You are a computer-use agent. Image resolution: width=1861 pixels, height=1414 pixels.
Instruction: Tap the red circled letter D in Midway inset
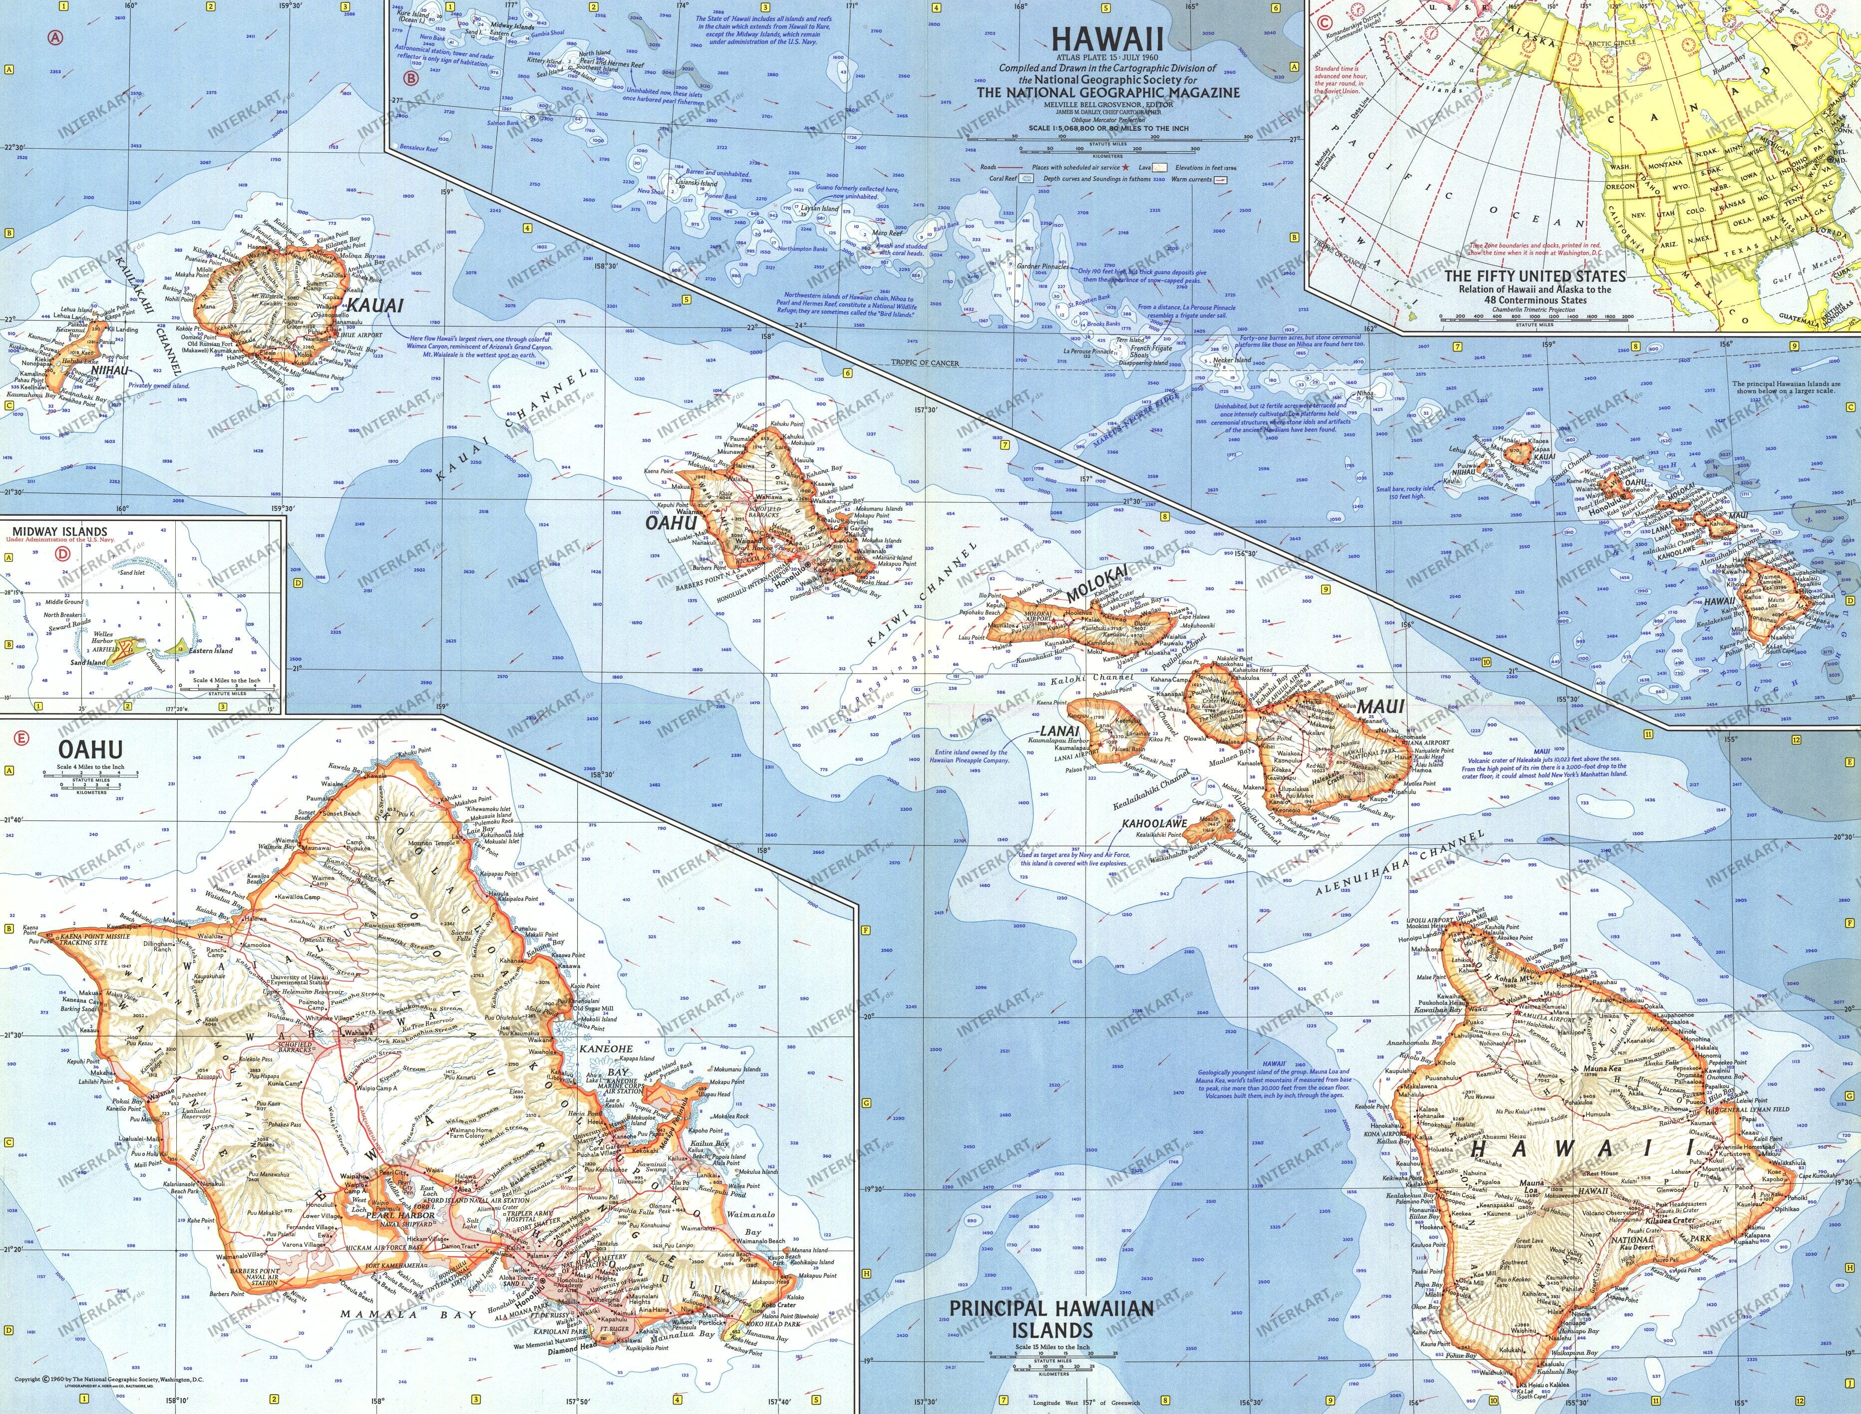[63, 554]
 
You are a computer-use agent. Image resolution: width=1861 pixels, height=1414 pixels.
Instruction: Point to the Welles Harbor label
[103, 637]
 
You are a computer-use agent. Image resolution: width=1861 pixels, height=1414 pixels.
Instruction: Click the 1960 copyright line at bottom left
[109, 1379]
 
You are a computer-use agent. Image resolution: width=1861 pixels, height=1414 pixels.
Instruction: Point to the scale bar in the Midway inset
[223, 688]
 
